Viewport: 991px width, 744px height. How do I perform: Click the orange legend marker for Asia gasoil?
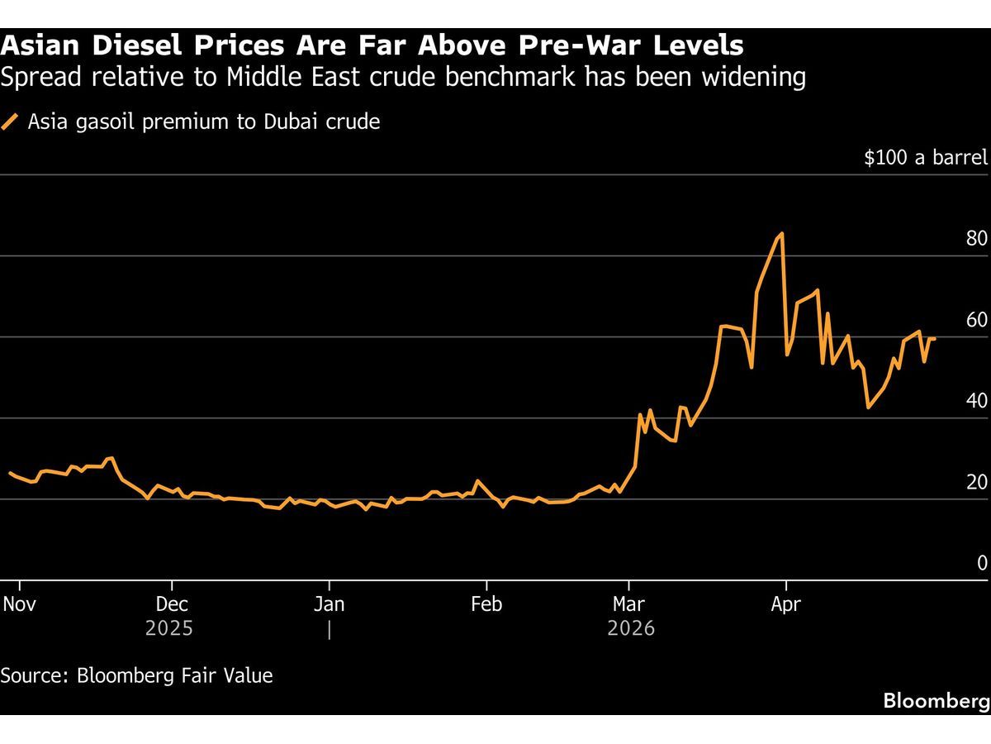pyautogui.click(x=11, y=122)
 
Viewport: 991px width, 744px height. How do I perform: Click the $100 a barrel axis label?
pyautogui.click(x=925, y=157)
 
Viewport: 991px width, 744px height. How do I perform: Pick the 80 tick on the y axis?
pyautogui.click(x=976, y=239)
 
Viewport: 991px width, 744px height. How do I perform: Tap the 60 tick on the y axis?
pyautogui.click(x=976, y=320)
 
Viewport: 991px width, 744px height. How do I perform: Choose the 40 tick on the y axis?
pyautogui.click(x=976, y=401)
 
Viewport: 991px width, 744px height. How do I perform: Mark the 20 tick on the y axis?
pyautogui.click(x=976, y=482)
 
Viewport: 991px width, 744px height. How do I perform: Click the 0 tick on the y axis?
pyautogui.click(x=982, y=563)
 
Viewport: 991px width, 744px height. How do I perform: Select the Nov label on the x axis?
pyautogui.click(x=19, y=604)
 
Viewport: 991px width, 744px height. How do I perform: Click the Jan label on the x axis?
pyautogui.click(x=329, y=604)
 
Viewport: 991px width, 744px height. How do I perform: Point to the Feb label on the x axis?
pyautogui.click(x=486, y=604)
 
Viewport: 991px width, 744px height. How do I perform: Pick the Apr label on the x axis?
pyautogui.click(x=785, y=604)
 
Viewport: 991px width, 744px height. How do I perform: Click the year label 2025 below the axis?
pyautogui.click(x=169, y=629)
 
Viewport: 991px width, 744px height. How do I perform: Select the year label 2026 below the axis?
pyautogui.click(x=631, y=629)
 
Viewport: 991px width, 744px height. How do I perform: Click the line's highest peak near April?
pyautogui.click(x=781, y=234)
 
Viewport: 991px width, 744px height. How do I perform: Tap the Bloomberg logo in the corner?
pyautogui.click(x=936, y=701)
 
